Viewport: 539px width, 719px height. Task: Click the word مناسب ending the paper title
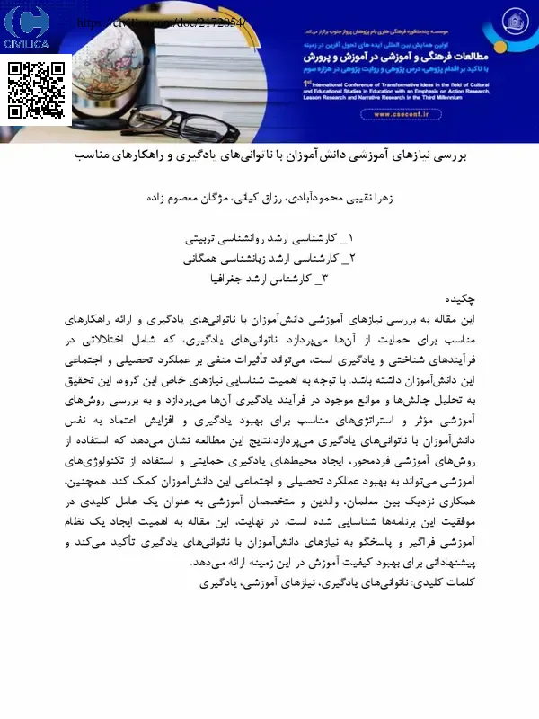(x=94, y=155)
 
